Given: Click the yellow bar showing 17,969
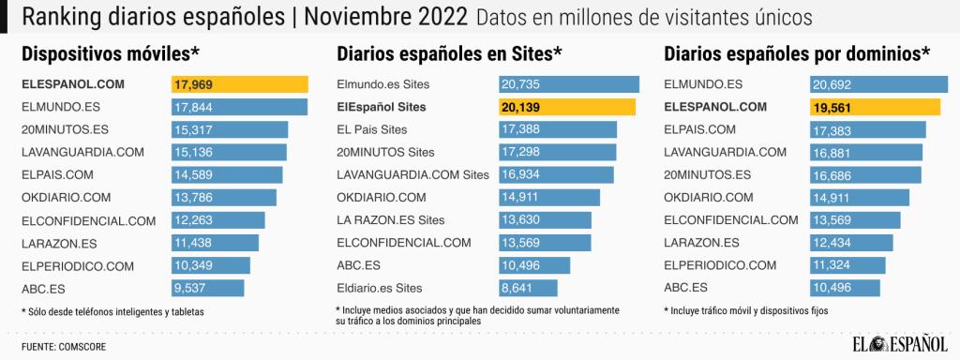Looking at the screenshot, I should click(x=239, y=84).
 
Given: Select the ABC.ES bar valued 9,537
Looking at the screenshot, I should click(x=207, y=288).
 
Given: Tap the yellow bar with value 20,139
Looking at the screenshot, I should click(x=566, y=107).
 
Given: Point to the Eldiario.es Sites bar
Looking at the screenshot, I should click(x=528, y=288).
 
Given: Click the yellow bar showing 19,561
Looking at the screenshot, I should click(x=875, y=107).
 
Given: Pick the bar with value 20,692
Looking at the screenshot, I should click(x=878, y=84).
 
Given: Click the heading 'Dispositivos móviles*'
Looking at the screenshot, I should click(x=110, y=53).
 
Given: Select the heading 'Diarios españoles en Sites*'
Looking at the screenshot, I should click(x=448, y=53).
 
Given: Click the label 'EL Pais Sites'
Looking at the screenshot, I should click(x=371, y=129).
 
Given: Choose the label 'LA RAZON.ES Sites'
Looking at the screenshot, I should click(x=389, y=219).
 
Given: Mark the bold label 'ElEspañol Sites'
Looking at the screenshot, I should click(x=381, y=107).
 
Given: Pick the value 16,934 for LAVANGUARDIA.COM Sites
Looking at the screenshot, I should click(x=521, y=174).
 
